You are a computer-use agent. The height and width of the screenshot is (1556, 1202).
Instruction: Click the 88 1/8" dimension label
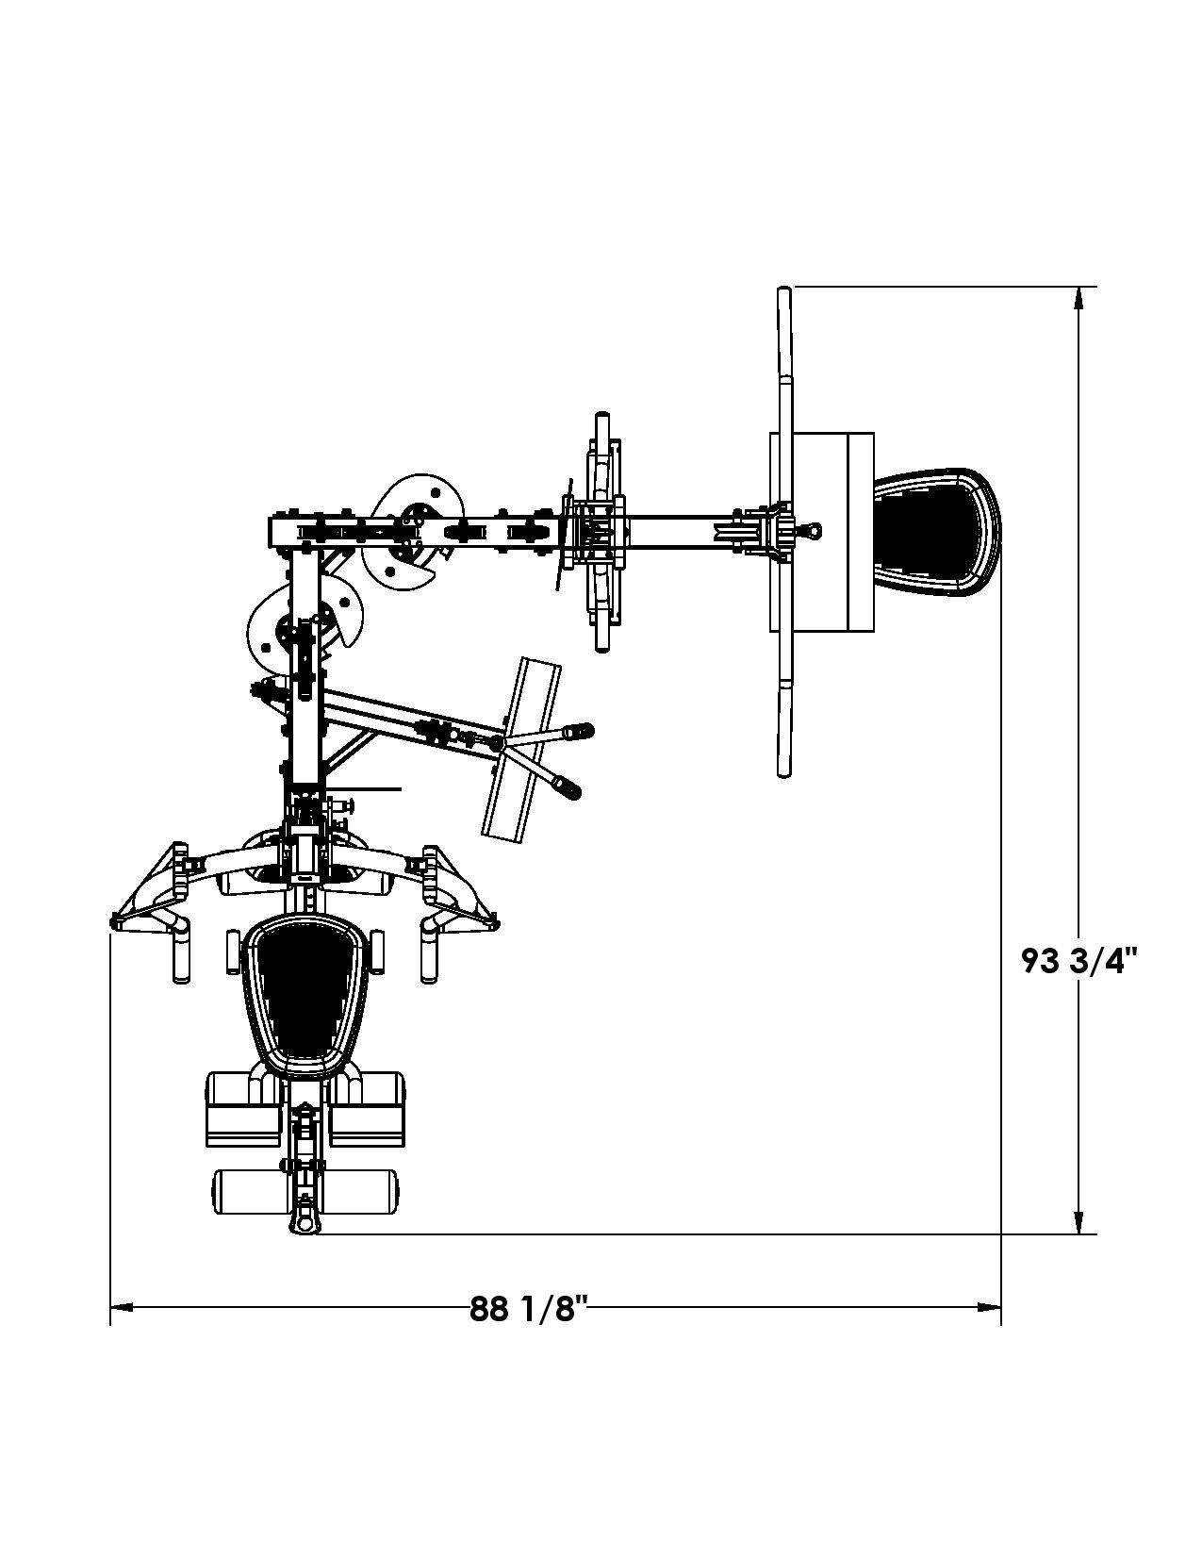(528, 1309)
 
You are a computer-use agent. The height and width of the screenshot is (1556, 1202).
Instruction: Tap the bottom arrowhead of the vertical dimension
(1079, 1223)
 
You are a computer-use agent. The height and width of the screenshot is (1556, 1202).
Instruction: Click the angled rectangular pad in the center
(521, 748)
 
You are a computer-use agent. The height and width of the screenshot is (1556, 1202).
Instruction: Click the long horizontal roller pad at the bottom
(305, 1192)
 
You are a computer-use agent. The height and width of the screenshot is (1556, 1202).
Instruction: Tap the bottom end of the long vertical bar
(783, 769)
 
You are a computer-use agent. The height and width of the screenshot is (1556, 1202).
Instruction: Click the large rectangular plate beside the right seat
(820, 532)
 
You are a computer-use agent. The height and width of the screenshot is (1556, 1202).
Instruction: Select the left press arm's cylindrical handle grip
(180, 954)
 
